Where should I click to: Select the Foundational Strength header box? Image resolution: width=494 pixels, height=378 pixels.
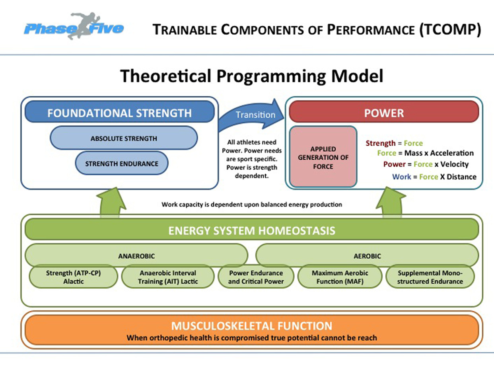coord(119,113)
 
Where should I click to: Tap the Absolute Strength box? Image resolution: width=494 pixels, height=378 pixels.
coord(124,138)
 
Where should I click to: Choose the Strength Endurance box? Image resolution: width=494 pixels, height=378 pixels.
coord(122,163)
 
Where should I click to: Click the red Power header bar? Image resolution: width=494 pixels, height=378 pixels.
coord(384,113)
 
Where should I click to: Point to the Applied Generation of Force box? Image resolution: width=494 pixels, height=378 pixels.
coord(323,157)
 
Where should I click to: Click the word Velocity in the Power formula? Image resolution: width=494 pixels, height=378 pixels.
coord(454,164)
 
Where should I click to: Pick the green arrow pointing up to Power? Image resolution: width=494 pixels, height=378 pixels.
coord(390,202)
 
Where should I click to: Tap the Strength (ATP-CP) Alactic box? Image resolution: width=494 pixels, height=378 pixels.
coord(74,277)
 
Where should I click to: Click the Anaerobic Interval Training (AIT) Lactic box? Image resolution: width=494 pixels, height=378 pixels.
coord(168,277)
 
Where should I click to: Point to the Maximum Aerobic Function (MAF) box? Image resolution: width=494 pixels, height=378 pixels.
coord(340,277)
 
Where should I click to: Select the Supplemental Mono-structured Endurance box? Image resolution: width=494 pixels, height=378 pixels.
coord(430,277)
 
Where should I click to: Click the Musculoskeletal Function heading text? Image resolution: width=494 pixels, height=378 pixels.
coord(251,326)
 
